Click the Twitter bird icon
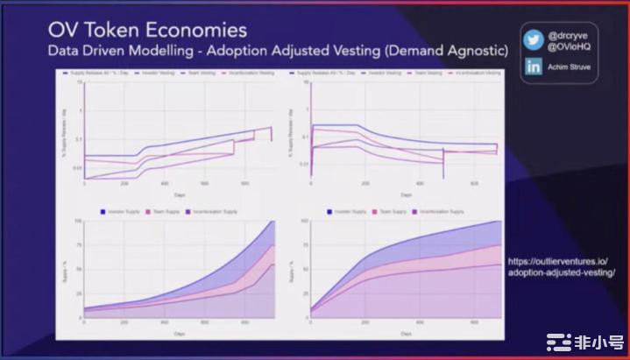point(532,40)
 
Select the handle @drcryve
point(567,35)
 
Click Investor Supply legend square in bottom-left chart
point(104,211)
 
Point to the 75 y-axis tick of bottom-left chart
point(78,244)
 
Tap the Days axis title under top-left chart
point(179,194)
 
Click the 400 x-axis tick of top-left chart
point(164,183)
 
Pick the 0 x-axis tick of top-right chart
point(312,183)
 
